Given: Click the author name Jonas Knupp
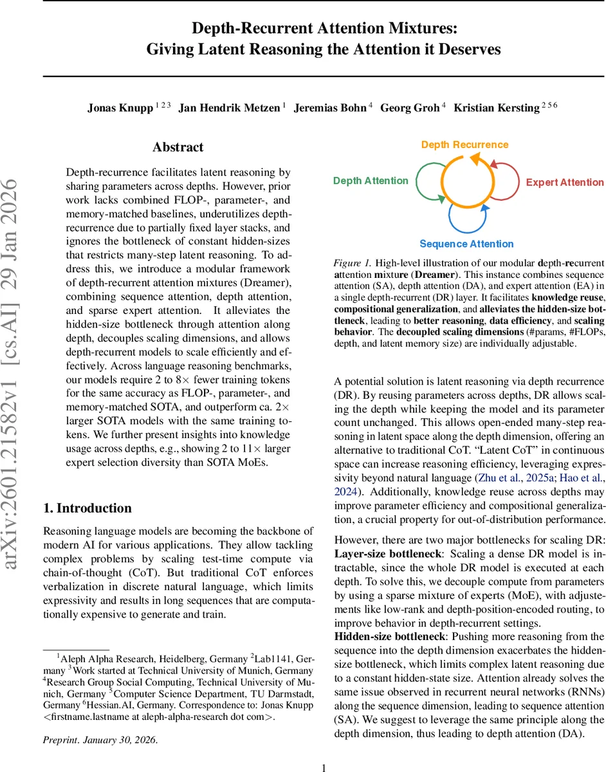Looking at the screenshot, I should coord(120,108).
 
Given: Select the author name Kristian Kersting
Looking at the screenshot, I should coord(495,108).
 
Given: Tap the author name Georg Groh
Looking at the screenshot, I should coord(409,108).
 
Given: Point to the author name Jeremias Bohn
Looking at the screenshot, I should coord(329,108).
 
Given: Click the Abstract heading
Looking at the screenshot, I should coord(178,147).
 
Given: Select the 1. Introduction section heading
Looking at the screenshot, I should coord(87,490).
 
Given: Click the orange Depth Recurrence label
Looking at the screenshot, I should coord(464,145).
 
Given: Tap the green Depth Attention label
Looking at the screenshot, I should coord(371,181).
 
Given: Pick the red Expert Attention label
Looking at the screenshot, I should coord(565,182).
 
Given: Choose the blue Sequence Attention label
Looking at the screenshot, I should coord(466,244).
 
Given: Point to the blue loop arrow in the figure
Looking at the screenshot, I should coord(468,217).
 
